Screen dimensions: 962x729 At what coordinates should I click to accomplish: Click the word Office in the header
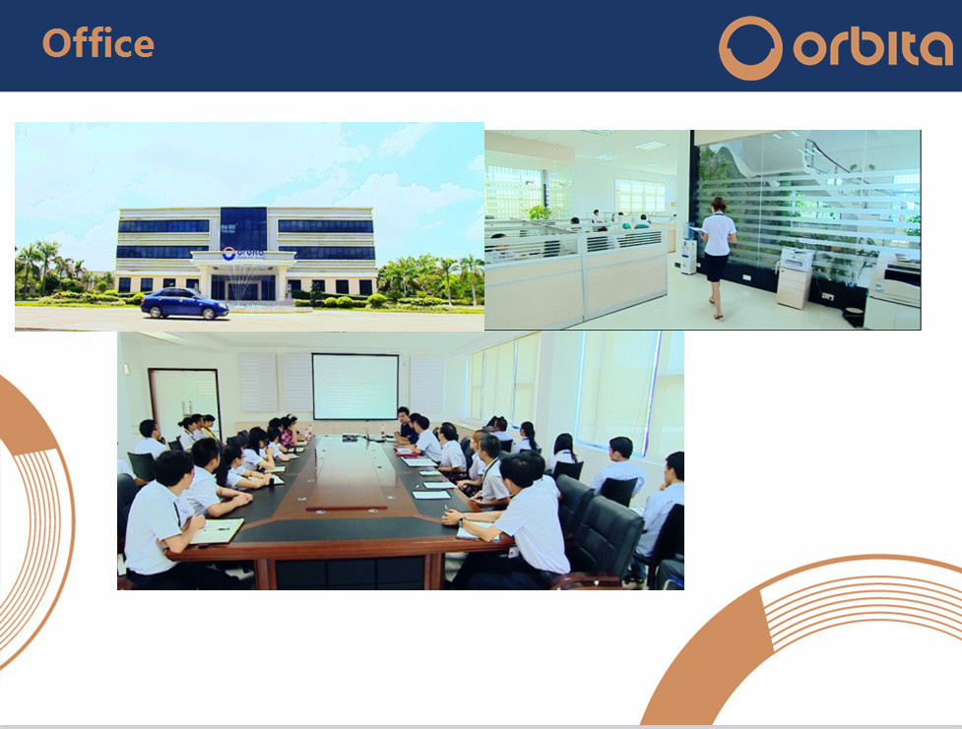(98, 43)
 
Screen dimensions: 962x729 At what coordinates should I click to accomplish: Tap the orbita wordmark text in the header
(872, 47)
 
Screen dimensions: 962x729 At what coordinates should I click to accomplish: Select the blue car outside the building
(184, 303)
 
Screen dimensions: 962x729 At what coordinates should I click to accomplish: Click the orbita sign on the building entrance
(242, 253)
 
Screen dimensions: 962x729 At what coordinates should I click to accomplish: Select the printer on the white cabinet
(796, 260)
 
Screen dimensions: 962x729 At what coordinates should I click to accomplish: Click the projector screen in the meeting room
(355, 387)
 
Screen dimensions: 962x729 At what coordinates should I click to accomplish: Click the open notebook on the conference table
(218, 531)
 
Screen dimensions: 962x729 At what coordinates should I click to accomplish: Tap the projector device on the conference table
(350, 438)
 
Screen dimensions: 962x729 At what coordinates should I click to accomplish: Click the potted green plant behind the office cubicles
(540, 213)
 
